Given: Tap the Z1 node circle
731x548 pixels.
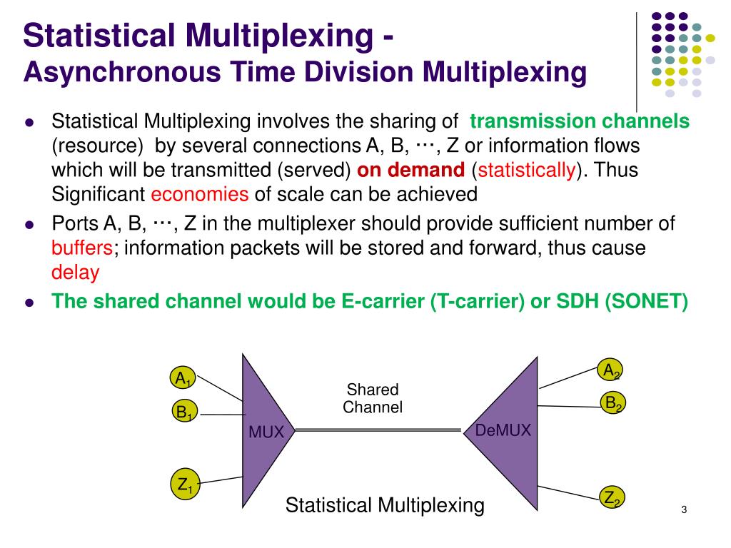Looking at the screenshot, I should click(x=185, y=485).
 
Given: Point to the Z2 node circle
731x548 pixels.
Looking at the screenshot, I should click(x=612, y=497).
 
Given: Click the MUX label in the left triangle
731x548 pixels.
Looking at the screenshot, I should click(x=266, y=432).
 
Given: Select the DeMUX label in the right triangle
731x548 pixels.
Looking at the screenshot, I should click(x=503, y=430).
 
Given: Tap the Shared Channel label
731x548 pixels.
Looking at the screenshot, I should click(x=373, y=399).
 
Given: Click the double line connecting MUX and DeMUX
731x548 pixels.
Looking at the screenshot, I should click(x=378, y=430).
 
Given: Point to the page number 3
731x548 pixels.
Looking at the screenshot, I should click(x=683, y=509).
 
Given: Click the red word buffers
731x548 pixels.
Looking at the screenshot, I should click(x=82, y=248).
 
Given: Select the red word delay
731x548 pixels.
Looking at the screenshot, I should click(x=75, y=272).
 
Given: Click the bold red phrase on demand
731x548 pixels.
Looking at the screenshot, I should click(x=410, y=170).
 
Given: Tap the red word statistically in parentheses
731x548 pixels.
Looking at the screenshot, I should click(x=527, y=170).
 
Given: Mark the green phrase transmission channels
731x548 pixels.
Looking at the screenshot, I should click(x=580, y=121).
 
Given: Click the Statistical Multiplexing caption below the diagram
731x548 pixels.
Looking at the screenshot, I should click(x=385, y=506).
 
